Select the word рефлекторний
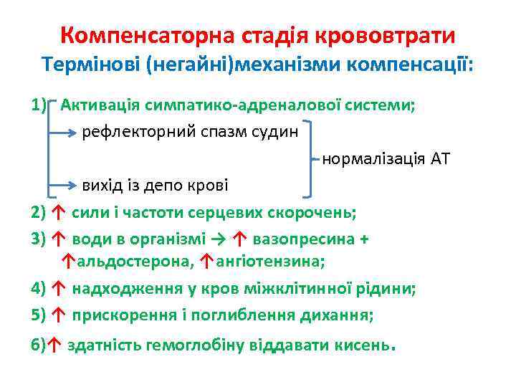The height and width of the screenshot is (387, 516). pos(135,133)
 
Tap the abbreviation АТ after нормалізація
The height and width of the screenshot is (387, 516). pos(439,158)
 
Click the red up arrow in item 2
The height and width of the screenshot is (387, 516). pos(59,212)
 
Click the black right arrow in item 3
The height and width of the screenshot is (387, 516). pos(218,239)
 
